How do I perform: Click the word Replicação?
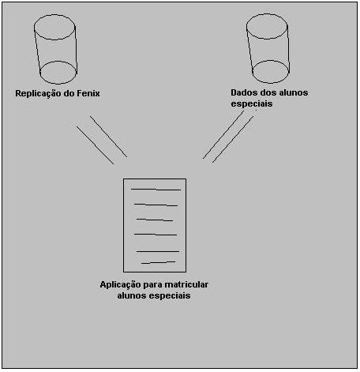[39, 94]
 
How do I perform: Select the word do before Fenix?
[69, 93]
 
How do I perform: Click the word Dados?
[242, 92]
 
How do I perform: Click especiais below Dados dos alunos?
[252, 103]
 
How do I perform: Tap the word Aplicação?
[120, 285]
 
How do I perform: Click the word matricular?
[186, 284]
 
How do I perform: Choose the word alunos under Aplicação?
[132, 295]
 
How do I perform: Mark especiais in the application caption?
[170, 295]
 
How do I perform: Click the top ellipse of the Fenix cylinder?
[54, 15]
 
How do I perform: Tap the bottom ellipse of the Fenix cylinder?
[58, 62]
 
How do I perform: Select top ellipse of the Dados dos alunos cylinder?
[267, 14]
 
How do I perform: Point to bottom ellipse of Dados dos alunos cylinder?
[271, 61]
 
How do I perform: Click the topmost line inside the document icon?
[156, 189]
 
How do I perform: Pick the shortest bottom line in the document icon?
[158, 262]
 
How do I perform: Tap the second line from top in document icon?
[156, 205]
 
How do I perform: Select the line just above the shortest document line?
[158, 251]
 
